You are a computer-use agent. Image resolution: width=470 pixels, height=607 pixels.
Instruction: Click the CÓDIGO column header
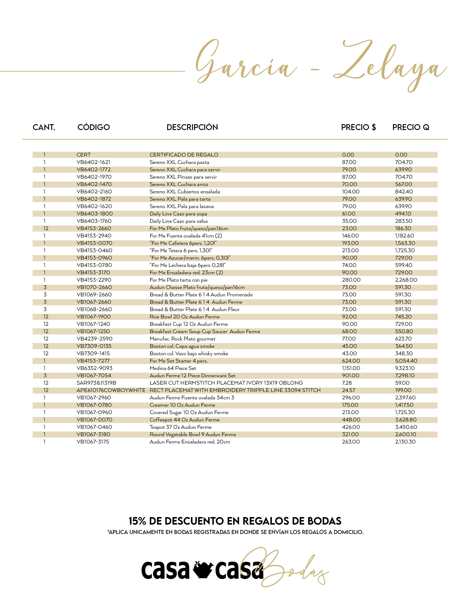pos(94,127)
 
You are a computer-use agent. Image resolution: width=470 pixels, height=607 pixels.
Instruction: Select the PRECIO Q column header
pos(411,127)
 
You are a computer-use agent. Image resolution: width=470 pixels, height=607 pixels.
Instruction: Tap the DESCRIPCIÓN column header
pos(192,127)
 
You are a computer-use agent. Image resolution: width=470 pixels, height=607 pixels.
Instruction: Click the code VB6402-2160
pos(94,191)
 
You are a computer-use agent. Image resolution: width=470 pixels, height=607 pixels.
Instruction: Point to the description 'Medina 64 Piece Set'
pos(173,368)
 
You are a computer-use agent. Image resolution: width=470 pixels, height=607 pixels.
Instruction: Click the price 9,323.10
pos(405,368)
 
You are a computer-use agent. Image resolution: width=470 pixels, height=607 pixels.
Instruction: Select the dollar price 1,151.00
pos(351,368)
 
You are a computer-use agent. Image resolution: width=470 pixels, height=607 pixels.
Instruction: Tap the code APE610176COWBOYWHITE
pos(111,390)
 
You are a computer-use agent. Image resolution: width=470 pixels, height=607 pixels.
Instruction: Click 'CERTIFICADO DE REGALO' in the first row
pos(184,155)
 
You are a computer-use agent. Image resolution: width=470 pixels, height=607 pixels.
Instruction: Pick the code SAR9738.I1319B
pos(96,383)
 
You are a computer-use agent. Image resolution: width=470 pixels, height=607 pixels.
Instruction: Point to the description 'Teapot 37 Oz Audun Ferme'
pos(180,427)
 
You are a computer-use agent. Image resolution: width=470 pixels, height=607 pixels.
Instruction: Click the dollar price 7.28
pos(347,383)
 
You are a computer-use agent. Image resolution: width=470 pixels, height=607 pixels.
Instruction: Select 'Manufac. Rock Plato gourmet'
pos(182,339)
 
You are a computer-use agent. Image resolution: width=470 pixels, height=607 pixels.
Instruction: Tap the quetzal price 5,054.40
pos(406,361)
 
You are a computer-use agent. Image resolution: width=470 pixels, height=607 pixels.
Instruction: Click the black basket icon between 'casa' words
pos(202,570)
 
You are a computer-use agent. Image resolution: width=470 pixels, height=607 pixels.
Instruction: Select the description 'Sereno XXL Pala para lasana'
pos(182,206)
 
